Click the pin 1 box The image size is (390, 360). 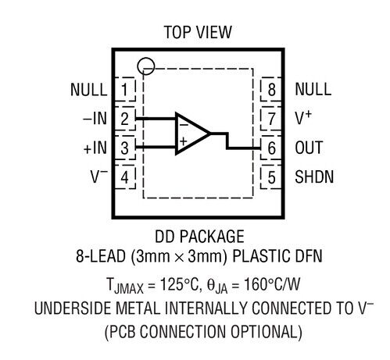click(125, 89)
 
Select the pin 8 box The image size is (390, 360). click(271, 89)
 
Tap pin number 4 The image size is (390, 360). click(124, 177)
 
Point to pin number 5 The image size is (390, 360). click(271, 177)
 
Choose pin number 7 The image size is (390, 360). click(271, 119)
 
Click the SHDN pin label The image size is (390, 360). click(314, 177)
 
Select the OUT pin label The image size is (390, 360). click(309, 148)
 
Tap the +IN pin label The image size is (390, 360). click(95, 148)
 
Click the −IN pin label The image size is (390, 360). click(95, 119)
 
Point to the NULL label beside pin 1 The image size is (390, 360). click(89, 90)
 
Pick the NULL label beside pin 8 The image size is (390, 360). click(313, 89)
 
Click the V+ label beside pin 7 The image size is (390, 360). click(303, 118)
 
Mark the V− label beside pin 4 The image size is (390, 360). click(99, 176)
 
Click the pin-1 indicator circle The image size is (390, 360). click(146, 58)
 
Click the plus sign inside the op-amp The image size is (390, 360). click(184, 141)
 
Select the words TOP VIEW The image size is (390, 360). click(198, 32)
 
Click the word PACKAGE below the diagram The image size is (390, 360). click(212, 237)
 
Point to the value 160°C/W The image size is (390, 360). click(272, 283)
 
